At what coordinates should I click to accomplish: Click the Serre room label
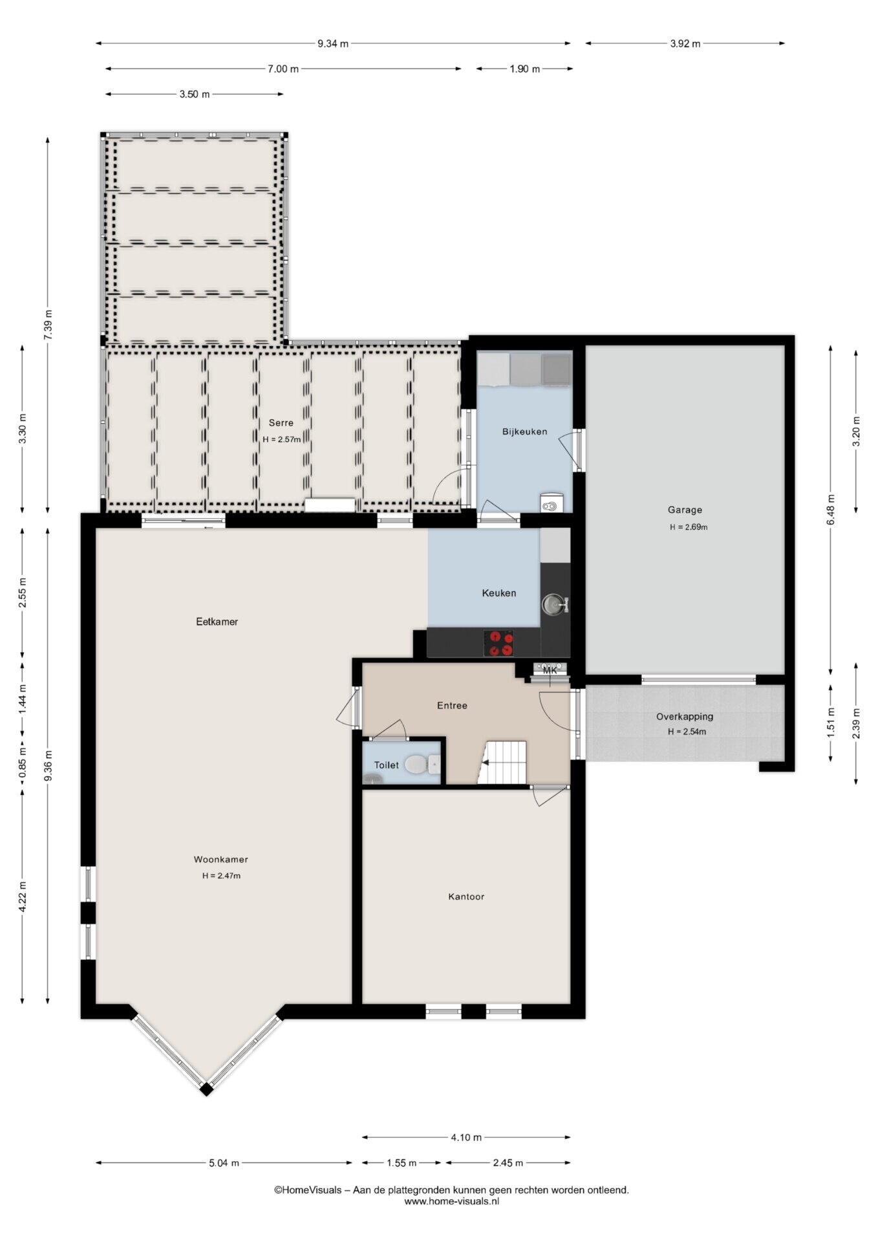click(281, 423)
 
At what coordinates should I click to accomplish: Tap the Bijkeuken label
click(525, 431)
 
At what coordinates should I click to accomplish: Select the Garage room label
click(685, 510)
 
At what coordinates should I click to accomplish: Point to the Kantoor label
click(466, 897)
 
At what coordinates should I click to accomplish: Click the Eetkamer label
click(217, 622)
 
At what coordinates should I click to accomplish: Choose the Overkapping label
click(685, 716)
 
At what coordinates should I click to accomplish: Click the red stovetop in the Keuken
click(499, 643)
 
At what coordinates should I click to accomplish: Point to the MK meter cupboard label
click(550, 670)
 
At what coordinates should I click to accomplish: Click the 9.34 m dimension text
click(333, 44)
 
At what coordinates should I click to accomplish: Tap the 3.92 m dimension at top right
click(685, 44)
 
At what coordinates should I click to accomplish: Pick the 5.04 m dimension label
click(224, 1163)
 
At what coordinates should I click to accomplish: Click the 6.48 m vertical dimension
click(831, 510)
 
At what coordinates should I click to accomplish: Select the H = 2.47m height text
click(221, 876)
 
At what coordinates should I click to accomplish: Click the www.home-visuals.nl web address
click(452, 1201)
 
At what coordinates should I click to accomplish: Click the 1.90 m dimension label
click(525, 69)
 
